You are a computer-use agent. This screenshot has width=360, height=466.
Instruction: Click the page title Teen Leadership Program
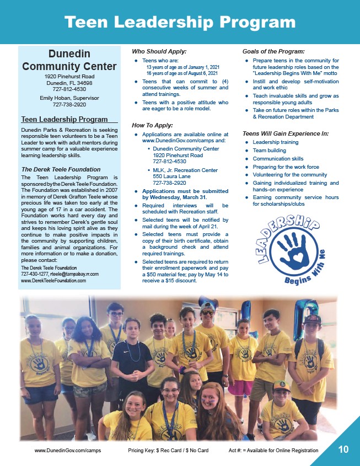(180, 22)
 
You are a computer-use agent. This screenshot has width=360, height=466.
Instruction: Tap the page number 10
(343, 449)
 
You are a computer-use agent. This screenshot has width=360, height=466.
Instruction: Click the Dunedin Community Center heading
(69, 60)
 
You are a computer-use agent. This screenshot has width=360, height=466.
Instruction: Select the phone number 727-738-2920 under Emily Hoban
(69, 104)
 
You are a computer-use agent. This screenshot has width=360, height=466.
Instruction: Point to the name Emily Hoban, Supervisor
(69, 98)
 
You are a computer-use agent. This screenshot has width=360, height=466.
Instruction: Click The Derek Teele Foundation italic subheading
(61, 169)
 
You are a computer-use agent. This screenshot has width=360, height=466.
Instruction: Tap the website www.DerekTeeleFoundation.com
(53, 281)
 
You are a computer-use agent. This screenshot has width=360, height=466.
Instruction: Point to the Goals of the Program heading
(273, 51)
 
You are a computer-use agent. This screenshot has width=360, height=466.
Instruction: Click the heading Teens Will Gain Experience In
(286, 133)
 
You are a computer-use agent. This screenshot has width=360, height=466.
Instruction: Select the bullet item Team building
(270, 150)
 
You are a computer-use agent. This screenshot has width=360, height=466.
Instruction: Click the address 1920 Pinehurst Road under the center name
(69, 76)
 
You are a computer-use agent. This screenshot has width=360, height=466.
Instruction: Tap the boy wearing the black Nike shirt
(131, 358)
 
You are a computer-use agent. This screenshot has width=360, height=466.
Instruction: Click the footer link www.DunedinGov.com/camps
(68, 451)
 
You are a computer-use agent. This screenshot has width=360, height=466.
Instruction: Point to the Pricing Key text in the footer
(168, 451)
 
